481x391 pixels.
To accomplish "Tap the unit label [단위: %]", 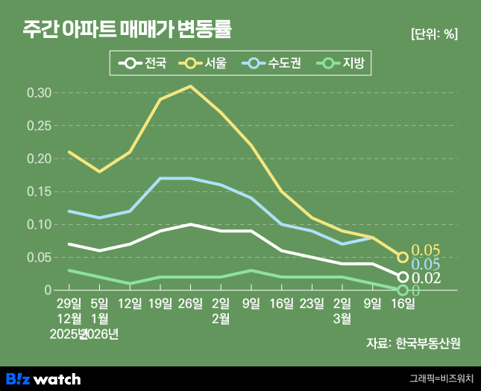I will (434, 34).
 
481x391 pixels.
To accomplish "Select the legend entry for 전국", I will (145, 63).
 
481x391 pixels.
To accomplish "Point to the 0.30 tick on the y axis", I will (39, 93).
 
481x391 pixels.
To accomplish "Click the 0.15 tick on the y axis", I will (39, 191).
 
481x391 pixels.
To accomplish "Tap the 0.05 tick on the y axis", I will (39, 257).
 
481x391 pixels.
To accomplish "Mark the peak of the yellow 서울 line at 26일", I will (190, 86).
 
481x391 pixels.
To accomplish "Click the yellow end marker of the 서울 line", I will (403, 257).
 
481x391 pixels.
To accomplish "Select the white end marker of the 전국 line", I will (403, 277).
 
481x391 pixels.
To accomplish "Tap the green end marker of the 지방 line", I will (403, 290).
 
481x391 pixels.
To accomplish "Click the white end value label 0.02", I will (427, 278).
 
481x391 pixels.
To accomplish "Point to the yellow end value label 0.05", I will (427, 249).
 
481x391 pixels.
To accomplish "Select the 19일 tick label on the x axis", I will (160, 303).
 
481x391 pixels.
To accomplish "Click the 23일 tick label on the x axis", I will (312, 303).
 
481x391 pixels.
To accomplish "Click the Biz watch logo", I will (43, 378).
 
